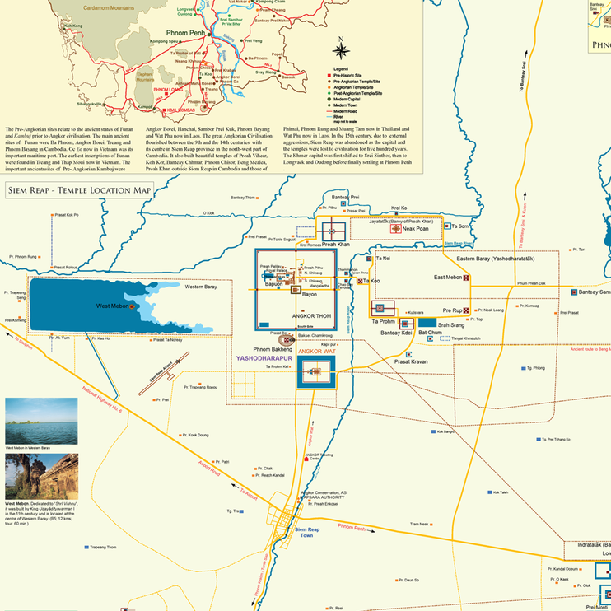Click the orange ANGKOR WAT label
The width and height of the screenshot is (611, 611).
click(x=317, y=352)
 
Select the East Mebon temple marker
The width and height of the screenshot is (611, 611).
click(x=467, y=278)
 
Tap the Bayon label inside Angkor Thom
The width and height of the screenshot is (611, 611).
click(x=309, y=294)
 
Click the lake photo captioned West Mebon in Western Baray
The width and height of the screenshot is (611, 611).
click(x=41, y=421)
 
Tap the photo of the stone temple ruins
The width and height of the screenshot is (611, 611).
click(x=41, y=476)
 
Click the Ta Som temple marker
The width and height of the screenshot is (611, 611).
click(x=447, y=225)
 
